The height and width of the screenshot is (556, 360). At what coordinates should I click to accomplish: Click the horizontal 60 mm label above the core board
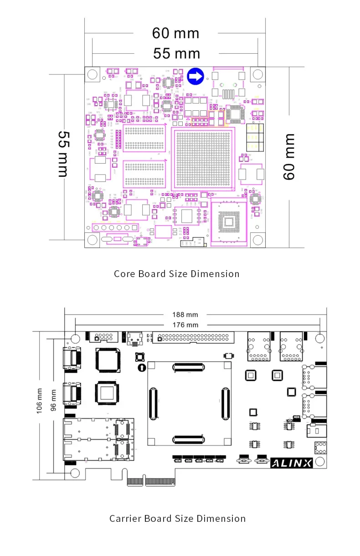point(175,33)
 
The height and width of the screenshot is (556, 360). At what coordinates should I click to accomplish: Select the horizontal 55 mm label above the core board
point(176,54)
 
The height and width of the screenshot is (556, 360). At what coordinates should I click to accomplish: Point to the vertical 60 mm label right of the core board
point(289,156)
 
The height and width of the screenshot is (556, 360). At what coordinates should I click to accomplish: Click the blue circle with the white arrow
point(195,77)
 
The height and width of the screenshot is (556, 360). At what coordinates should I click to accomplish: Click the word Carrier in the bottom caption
point(125,519)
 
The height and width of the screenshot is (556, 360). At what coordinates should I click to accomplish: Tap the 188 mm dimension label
point(185,314)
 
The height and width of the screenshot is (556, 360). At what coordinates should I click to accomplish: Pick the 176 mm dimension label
point(185,324)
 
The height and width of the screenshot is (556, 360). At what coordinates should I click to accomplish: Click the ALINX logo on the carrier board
point(292,463)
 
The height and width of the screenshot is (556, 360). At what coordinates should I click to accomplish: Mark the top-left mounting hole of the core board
point(93,74)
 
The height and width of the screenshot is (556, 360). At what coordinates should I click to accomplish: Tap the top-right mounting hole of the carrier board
point(320,338)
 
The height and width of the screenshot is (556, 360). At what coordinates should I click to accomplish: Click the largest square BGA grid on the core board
point(203,158)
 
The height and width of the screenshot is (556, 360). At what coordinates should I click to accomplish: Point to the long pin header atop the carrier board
point(194,338)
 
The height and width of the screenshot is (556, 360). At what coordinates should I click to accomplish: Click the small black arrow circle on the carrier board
point(141,367)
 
